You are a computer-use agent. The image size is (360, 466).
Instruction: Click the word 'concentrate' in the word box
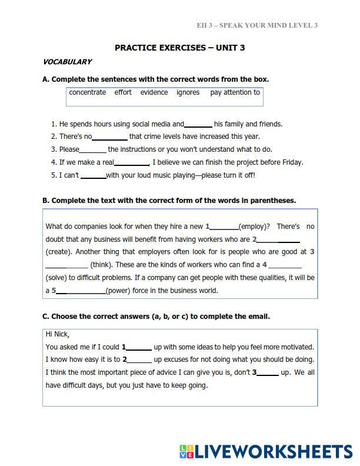click(88, 92)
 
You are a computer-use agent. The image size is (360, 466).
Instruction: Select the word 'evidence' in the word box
click(154, 92)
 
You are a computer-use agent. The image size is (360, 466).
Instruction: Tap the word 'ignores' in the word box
click(188, 92)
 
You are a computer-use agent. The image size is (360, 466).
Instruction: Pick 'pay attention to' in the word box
click(235, 92)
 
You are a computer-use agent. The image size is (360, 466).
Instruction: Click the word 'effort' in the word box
click(123, 92)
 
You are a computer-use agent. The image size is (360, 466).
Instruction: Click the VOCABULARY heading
click(67, 62)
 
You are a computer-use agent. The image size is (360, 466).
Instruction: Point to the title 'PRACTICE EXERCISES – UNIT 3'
click(179, 48)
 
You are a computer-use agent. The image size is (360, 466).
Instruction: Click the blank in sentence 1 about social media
click(198, 125)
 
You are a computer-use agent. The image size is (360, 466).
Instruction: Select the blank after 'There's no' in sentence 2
click(110, 137)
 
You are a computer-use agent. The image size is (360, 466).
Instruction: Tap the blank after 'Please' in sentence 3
click(93, 150)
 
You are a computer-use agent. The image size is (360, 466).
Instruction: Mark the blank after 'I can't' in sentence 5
click(93, 176)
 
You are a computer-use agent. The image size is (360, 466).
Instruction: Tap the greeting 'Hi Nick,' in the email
click(58, 334)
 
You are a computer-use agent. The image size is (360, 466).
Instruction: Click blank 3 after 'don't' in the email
click(268, 373)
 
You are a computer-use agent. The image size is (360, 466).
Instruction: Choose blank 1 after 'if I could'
click(139, 347)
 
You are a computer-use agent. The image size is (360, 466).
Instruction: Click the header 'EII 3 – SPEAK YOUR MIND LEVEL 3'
click(257, 25)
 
